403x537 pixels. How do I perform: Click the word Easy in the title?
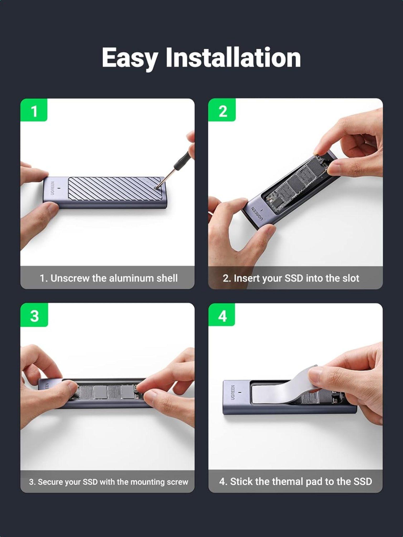point(130,58)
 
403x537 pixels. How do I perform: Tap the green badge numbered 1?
point(34,111)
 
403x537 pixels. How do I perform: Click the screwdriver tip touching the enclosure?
point(157,187)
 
